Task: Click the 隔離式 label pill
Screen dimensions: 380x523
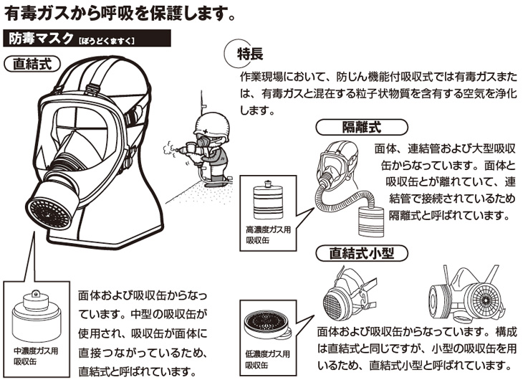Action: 359,128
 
